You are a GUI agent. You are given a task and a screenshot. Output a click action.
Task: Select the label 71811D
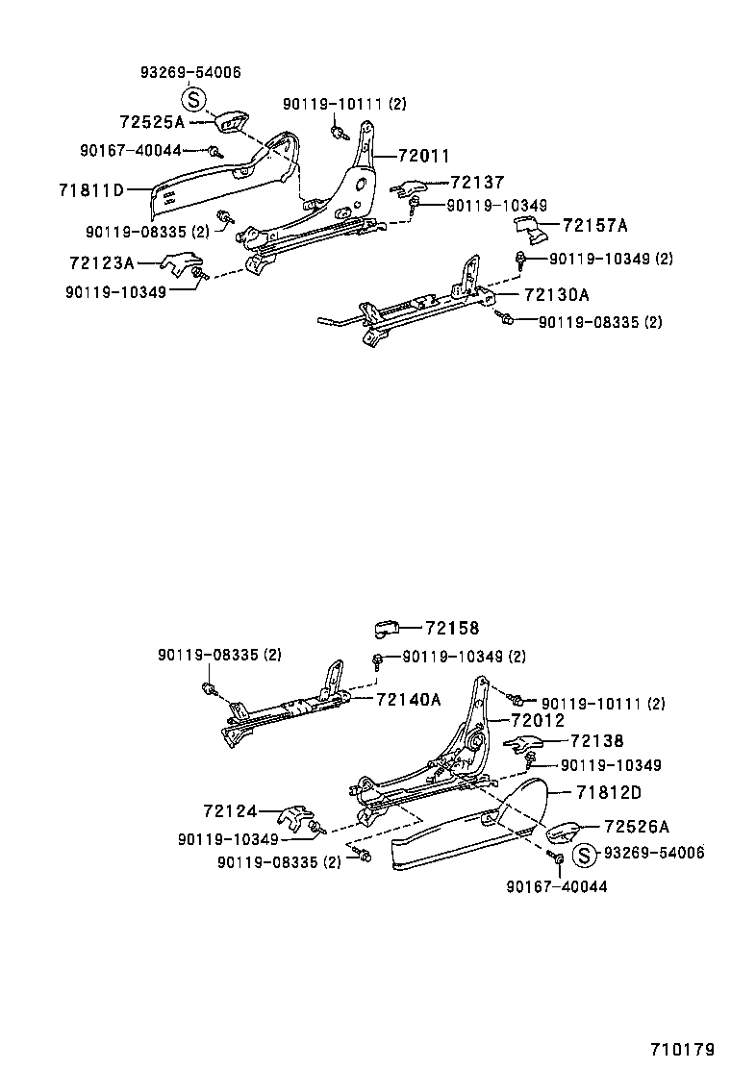coord(92,190)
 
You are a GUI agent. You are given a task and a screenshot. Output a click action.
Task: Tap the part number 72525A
coord(152,122)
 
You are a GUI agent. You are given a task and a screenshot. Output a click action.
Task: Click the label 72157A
coord(594,226)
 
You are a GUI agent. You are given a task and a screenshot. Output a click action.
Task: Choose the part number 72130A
coord(557,294)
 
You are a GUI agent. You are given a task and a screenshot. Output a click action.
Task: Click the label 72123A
coord(101,261)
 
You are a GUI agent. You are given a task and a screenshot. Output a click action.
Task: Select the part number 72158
coord(451,628)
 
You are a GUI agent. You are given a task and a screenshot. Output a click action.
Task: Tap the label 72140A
coord(408,699)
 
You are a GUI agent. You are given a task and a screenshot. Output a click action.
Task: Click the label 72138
coord(596,741)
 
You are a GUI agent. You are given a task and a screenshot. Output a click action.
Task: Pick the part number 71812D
coord(609,792)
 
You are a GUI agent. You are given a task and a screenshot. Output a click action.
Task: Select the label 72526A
coord(637,826)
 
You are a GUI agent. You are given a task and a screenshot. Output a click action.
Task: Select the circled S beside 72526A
coord(584,854)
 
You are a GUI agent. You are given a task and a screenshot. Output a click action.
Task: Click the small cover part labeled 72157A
coord(528,231)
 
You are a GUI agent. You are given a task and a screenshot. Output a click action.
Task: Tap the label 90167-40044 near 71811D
coord(130,150)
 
